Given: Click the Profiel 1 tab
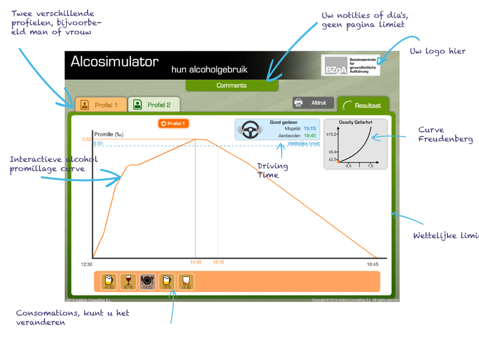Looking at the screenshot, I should (101, 105).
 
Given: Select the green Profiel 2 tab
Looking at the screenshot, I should (154, 105).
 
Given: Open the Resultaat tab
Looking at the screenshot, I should (363, 105).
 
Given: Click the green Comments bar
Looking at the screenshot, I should (232, 85).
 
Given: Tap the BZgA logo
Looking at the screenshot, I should (351, 65).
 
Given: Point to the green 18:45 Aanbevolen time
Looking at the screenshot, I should (309, 136).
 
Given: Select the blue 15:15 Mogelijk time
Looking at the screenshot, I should (309, 128).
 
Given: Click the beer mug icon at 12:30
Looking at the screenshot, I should (109, 281).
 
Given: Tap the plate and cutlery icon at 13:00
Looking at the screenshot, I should (148, 281).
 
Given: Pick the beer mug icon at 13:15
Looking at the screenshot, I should (167, 281).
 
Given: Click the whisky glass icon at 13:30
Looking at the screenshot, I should (186, 281).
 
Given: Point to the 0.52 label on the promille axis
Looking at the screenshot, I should (87, 139).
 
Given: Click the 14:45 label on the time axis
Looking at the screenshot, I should (195, 262).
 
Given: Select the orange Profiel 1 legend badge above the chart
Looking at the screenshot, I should (173, 124).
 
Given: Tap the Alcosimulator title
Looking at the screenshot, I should (114, 62).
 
